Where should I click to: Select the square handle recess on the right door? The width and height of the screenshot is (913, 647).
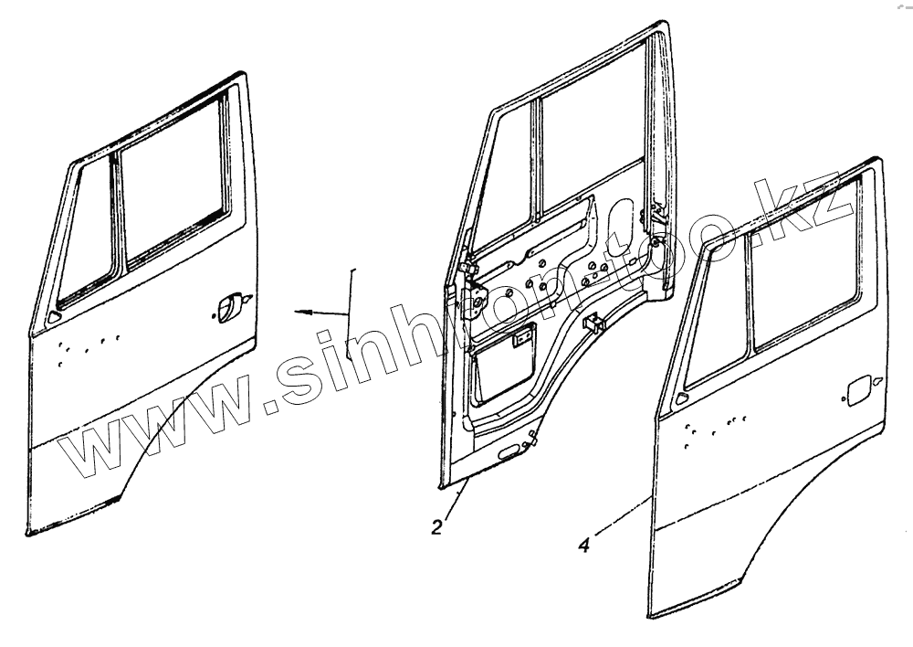[x=857, y=390]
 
